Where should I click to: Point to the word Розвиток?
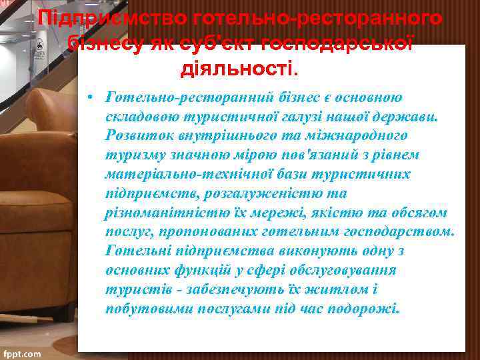click(x=134, y=135)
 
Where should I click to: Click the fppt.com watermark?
click(x=21, y=353)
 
